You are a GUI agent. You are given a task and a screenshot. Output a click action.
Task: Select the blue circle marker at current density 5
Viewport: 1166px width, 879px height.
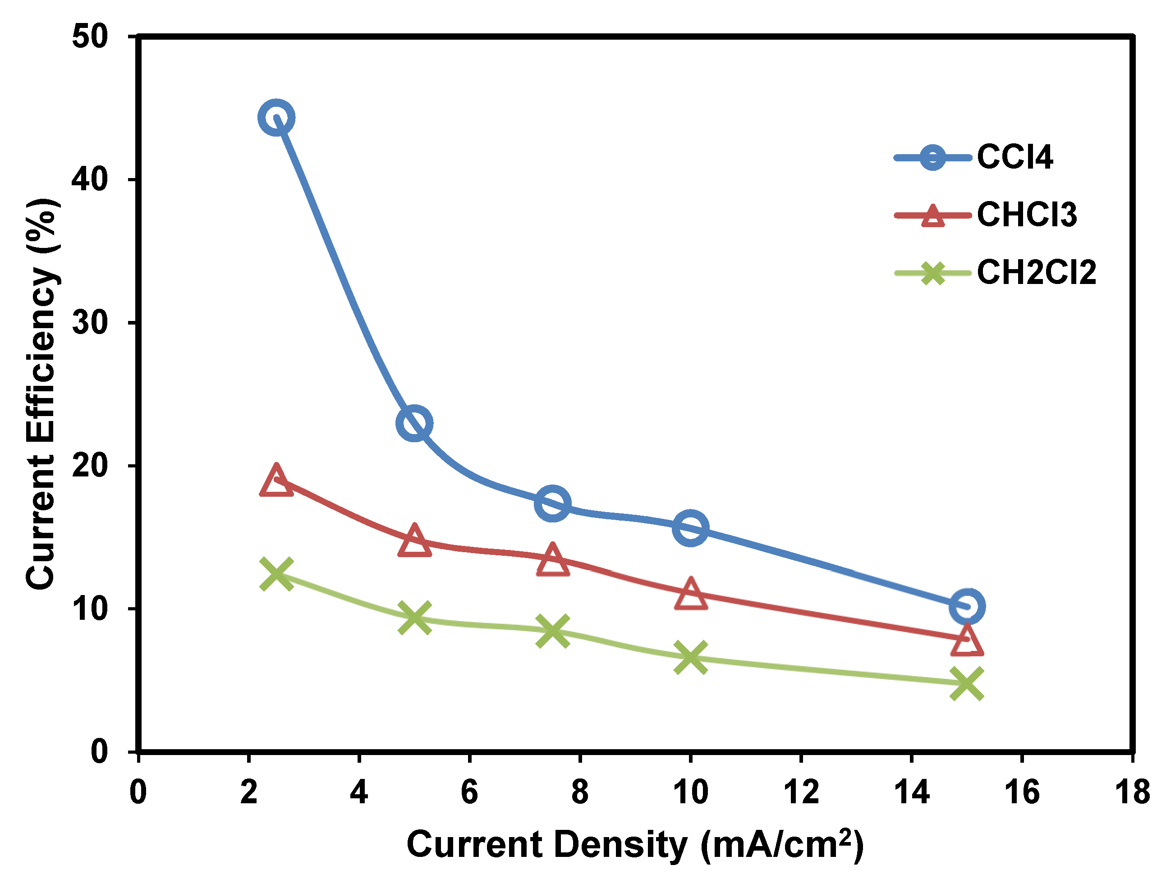(x=414, y=423)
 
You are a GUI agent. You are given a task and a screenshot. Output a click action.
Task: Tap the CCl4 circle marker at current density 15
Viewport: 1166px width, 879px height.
(x=966, y=607)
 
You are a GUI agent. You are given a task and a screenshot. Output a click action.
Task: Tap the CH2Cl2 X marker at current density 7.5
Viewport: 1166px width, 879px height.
(x=552, y=630)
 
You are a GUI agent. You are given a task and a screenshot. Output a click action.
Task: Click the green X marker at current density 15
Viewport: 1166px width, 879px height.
(x=966, y=683)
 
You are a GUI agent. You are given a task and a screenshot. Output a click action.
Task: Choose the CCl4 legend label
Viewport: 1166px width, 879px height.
(x=1015, y=157)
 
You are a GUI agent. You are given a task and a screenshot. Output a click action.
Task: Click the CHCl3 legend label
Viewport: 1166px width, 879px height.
(x=1026, y=215)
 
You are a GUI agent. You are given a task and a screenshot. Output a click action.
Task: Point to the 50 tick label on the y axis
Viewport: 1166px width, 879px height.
(x=90, y=37)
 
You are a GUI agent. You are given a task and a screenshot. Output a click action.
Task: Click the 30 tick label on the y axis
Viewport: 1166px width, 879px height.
(x=90, y=322)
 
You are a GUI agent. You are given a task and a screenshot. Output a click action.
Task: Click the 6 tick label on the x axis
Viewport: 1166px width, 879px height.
(x=469, y=792)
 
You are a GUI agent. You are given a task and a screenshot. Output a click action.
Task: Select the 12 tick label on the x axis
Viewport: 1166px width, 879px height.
(x=801, y=792)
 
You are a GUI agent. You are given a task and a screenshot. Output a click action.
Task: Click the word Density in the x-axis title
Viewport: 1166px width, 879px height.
(x=620, y=845)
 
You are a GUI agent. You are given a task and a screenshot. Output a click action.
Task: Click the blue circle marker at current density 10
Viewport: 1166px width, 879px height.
(x=690, y=527)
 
